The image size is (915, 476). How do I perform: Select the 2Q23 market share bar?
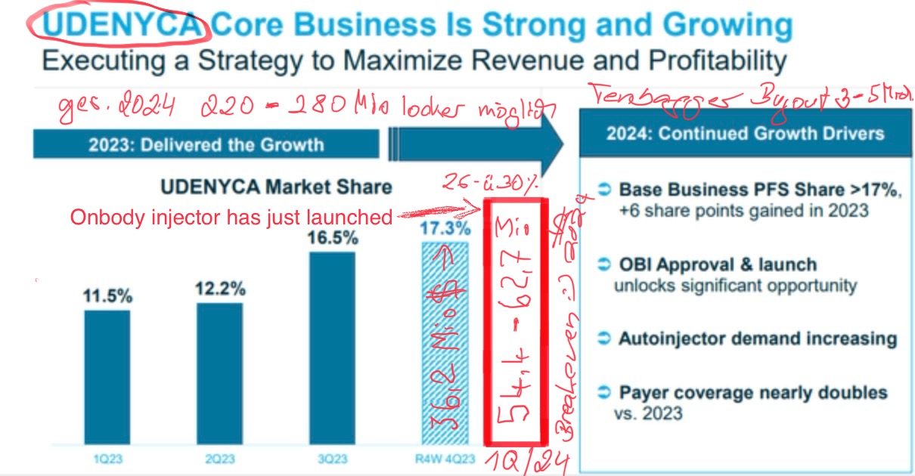(220, 373)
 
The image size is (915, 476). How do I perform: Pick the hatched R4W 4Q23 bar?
(446, 344)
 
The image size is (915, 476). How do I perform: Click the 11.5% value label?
(107, 295)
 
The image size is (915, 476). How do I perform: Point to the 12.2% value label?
(220, 288)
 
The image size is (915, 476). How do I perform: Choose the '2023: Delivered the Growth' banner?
(206, 144)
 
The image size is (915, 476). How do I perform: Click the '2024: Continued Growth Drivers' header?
(745, 134)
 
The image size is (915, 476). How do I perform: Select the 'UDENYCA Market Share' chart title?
(276, 187)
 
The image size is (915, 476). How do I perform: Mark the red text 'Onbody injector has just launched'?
(231, 218)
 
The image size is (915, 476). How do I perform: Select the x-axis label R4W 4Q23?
(445, 458)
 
